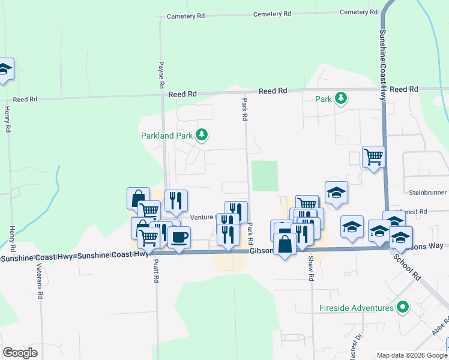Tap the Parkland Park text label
coord(166,136)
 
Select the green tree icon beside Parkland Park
coord(202,135)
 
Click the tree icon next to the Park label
coord(341,97)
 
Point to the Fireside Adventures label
coord(356,308)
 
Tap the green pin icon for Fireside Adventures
coord(403,308)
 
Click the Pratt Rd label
coord(155,271)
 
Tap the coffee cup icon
coord(179,237)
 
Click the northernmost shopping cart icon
coord(373,157)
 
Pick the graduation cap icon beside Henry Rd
coord(4,69)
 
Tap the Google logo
coord(20,353)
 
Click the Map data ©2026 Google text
coord(411,355)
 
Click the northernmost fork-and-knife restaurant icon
coord(175,200)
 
